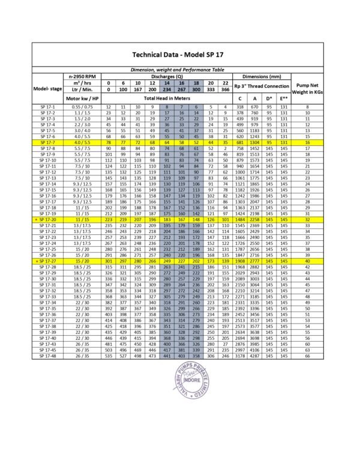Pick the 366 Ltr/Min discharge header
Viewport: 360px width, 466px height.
(x=225, y=89)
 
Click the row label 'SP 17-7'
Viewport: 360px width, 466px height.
(x=47, y=142)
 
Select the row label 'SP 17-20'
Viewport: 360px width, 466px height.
(x=47, y=220)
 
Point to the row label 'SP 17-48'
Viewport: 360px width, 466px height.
(x=47, y=356)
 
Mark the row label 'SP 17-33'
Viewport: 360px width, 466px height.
(x=47, y=297)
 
